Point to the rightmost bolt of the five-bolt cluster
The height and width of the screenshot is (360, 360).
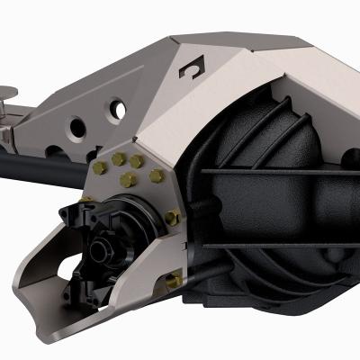pos(157,175)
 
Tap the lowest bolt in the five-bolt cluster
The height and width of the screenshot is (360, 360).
pos(128,180)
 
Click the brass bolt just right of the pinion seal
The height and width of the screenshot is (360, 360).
pos(172,217)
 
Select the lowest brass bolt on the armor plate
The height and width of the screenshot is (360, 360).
pos(175,281)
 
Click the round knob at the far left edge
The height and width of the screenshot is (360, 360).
pos(5,92)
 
